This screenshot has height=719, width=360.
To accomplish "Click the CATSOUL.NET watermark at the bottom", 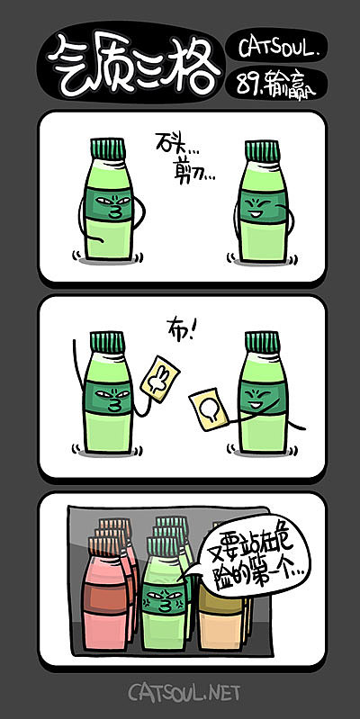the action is point(184,692).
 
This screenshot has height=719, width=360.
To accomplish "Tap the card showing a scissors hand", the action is point(160,378).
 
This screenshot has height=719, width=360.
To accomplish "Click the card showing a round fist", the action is point(209,410).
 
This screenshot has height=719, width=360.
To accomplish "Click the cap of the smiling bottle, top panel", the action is point(262,150).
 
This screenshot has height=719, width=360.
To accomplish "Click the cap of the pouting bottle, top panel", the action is point(108,149).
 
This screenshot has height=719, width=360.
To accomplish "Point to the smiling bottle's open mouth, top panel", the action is point(260,215).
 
